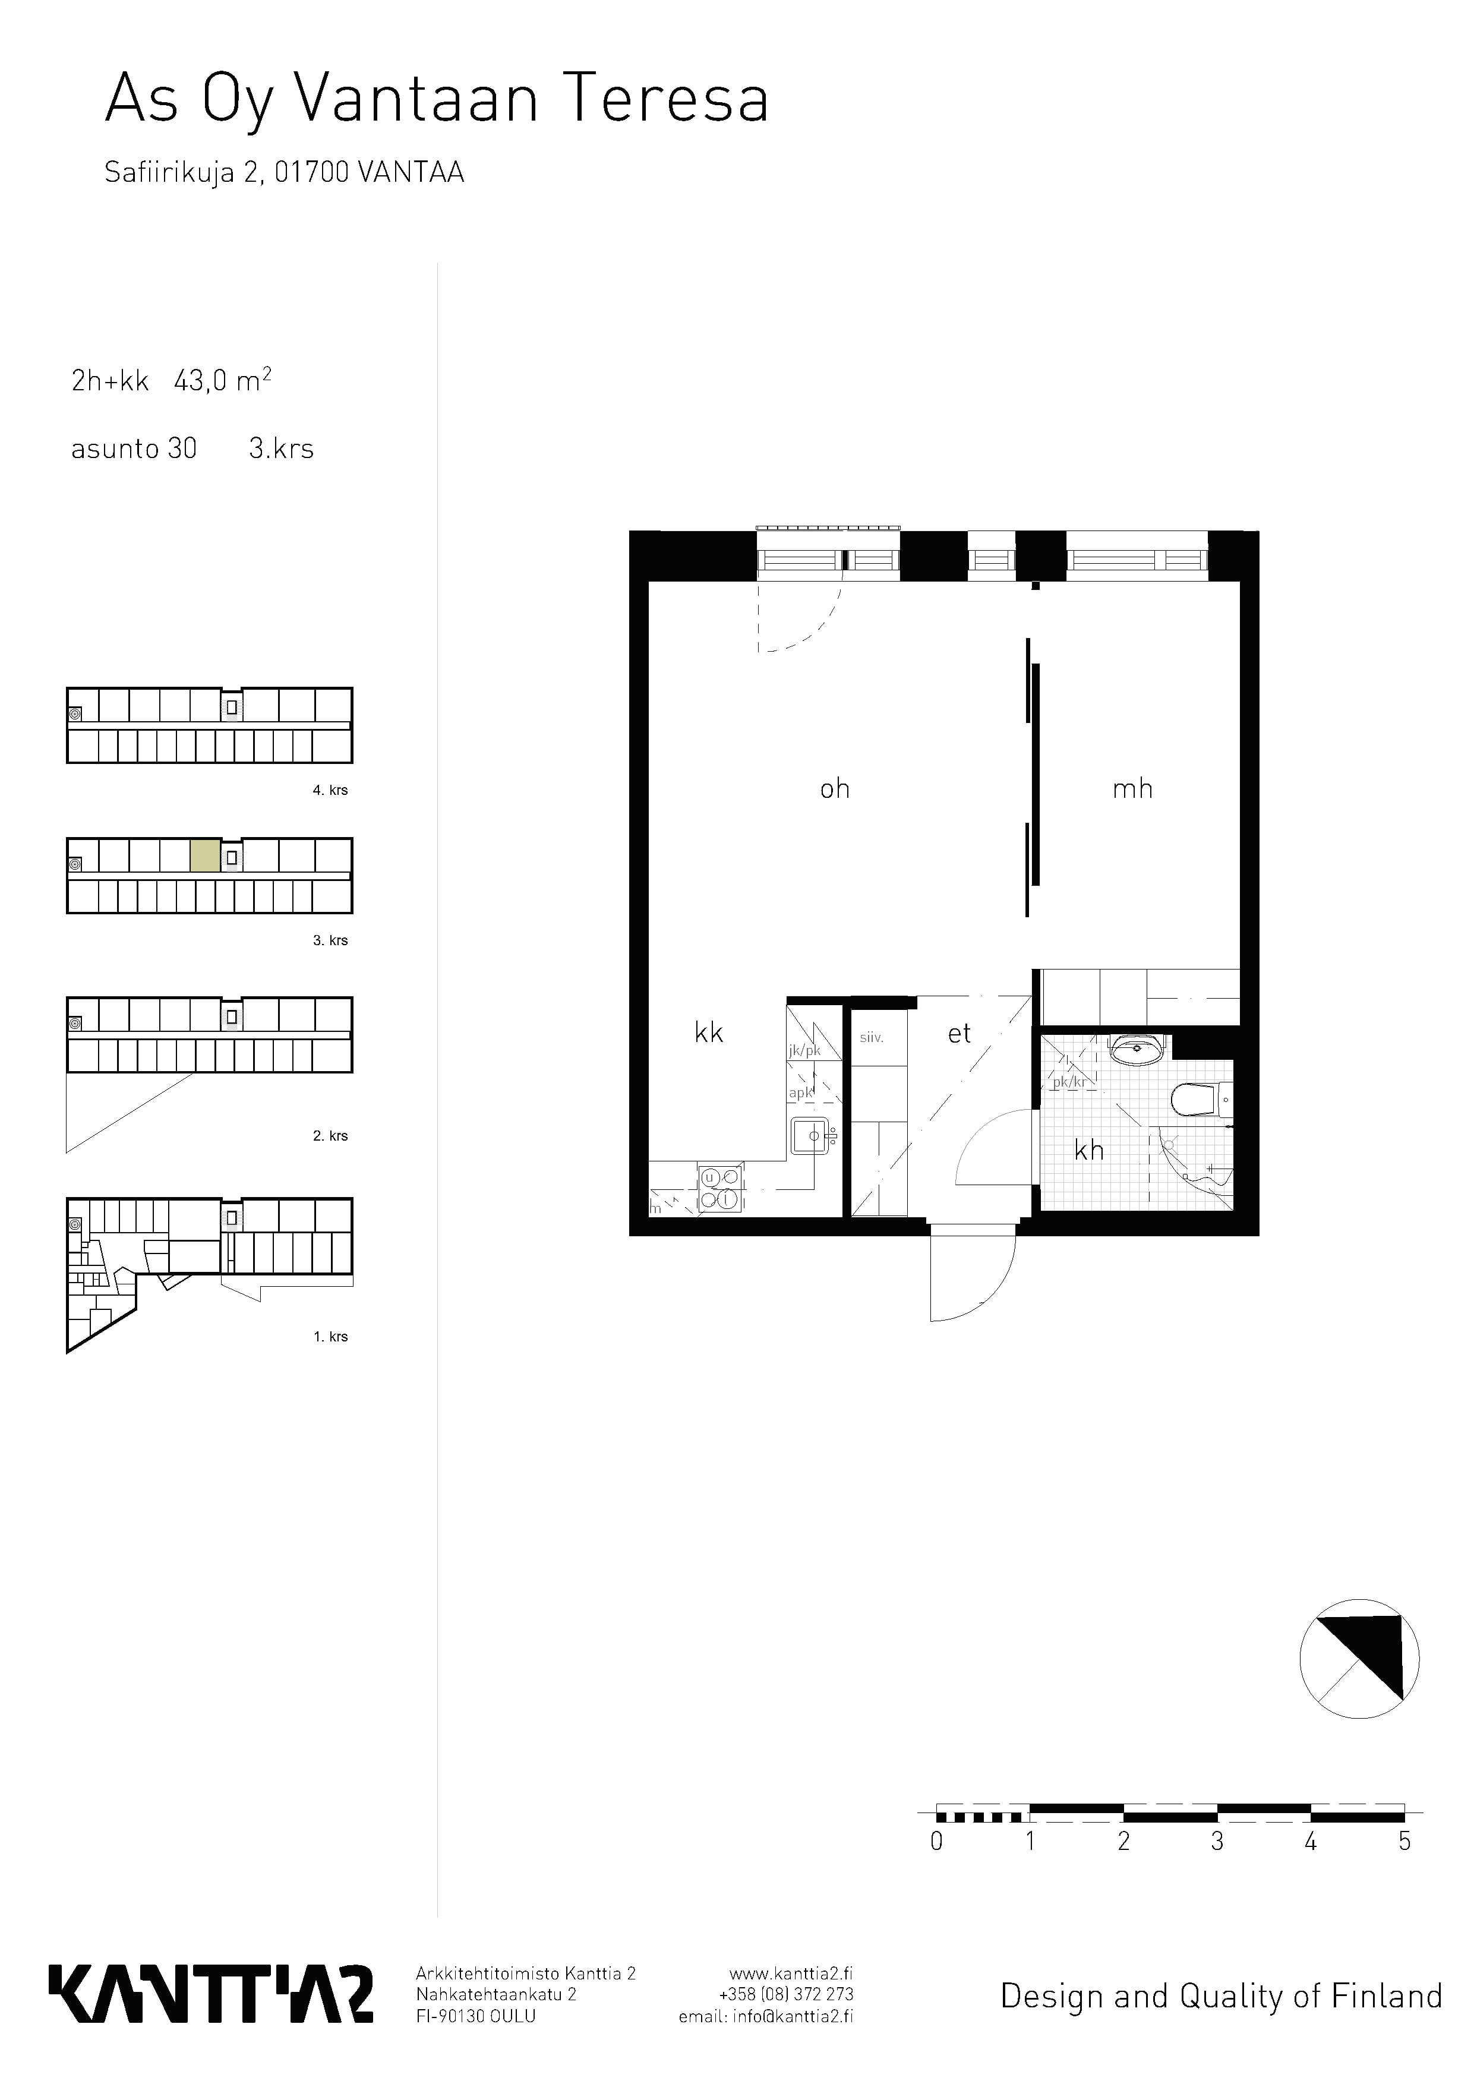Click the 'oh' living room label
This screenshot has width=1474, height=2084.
point(835,789)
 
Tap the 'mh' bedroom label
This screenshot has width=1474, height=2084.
point(1133,789)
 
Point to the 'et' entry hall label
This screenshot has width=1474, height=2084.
point(959,1033)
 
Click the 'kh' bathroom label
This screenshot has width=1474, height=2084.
point(1089,1150)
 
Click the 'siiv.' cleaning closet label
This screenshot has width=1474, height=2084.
point(872,1037)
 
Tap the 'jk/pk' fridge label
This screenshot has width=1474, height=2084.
point(804,1050)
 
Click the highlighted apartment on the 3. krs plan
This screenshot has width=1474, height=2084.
point(205,856)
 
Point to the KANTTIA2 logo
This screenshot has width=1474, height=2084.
point(210,1993)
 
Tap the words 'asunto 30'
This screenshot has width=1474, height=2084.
point(134,449)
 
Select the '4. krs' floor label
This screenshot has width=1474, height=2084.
point(330,790)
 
